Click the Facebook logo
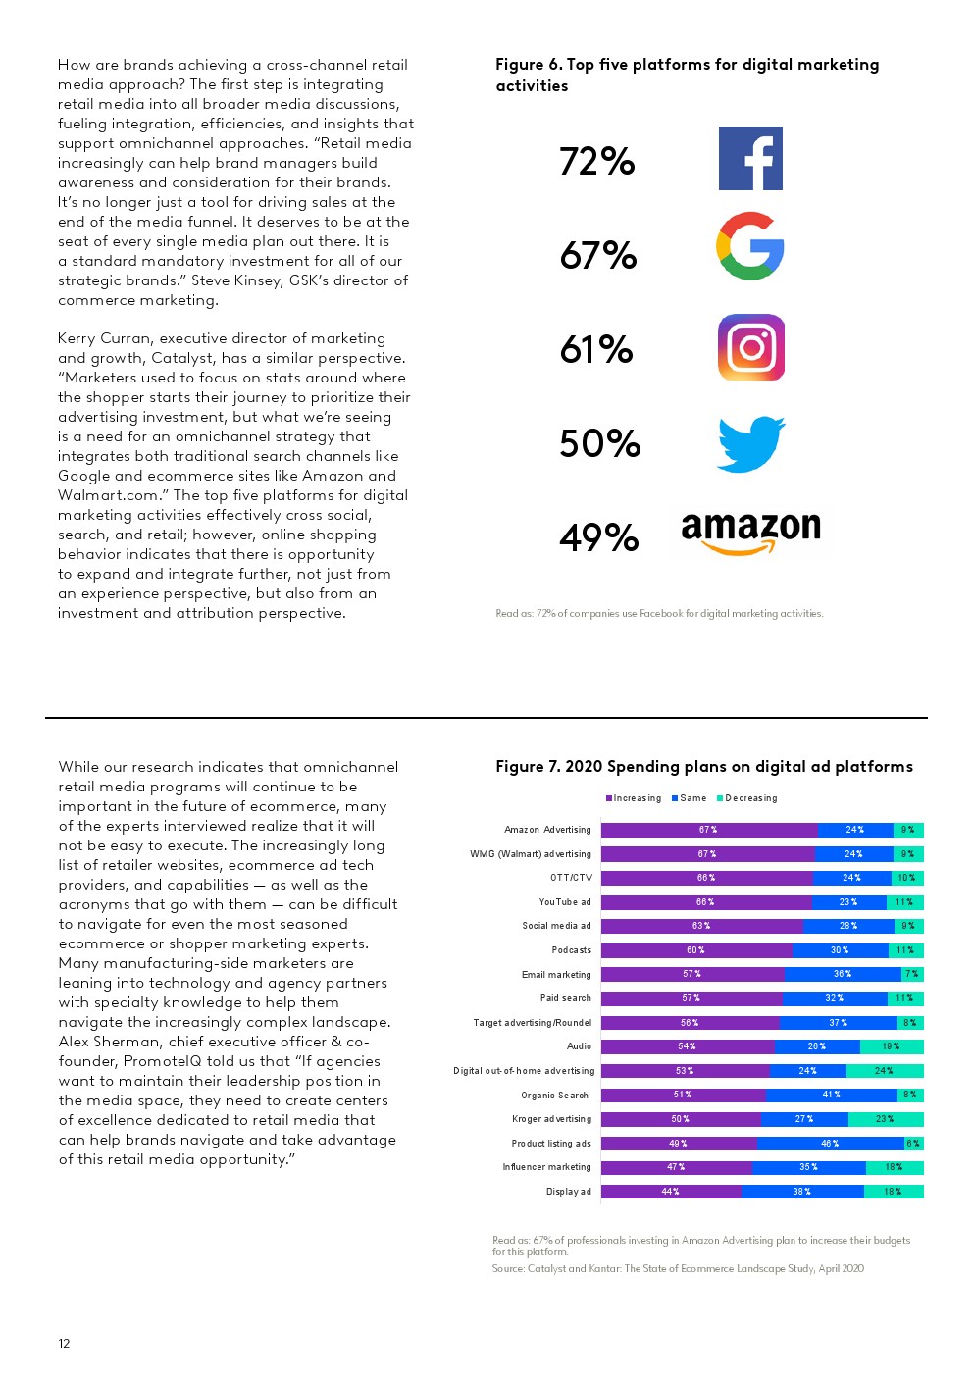(750, 158)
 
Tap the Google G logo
(750, 246)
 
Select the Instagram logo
(751, 347)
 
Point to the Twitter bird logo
(751, 444)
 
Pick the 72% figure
(597, 162)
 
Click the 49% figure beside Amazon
(598, 537)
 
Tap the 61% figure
(596, 350)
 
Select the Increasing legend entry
(635, 798)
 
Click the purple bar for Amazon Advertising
(708, 830)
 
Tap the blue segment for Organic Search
(831, 1095)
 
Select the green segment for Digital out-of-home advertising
(884, 1071)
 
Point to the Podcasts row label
(571, 950)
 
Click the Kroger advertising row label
(551, 1119)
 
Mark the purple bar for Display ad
(671, 1192)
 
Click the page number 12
(64, 1344)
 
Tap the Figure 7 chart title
(703, 767)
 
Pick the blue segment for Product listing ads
(830, 1144)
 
